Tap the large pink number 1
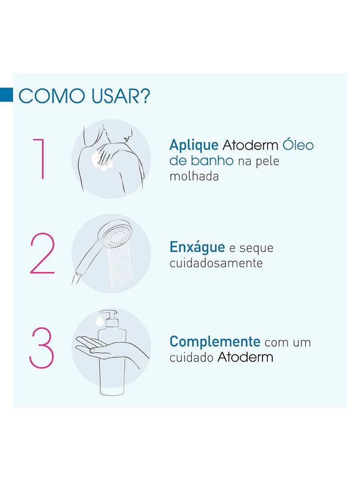click(39, 159)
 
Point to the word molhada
click(194, 177)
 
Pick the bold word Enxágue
click(197, 247)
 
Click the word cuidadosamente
click(216, 263)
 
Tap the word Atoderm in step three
click(245, 358)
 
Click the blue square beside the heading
click(6, 95)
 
